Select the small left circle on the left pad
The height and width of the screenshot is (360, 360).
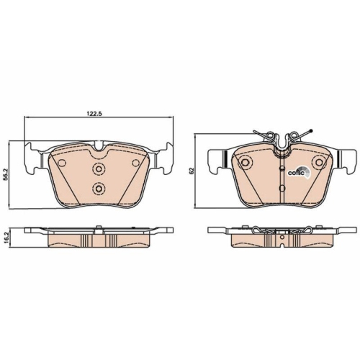pyautogui.click(x=63, y=163)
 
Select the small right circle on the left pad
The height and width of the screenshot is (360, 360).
pyautogui.click(x=135, y=163)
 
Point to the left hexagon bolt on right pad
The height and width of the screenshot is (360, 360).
pyautogui.click(x=244, y=163)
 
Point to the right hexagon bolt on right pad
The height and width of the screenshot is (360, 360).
pyautogui.click(x=318, y=163)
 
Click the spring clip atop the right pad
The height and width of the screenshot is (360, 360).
pyautogui.click(x=281, y=137)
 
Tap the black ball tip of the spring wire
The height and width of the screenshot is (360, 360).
pyautogui.click(x=308, y=130)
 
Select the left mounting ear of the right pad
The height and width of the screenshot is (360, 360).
pyautogui.click(x=215, y=160)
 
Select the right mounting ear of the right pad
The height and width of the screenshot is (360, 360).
pyautogui.click(x=348, y=160)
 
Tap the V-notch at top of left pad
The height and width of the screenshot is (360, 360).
pyautogui.click(x=99, y=148)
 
